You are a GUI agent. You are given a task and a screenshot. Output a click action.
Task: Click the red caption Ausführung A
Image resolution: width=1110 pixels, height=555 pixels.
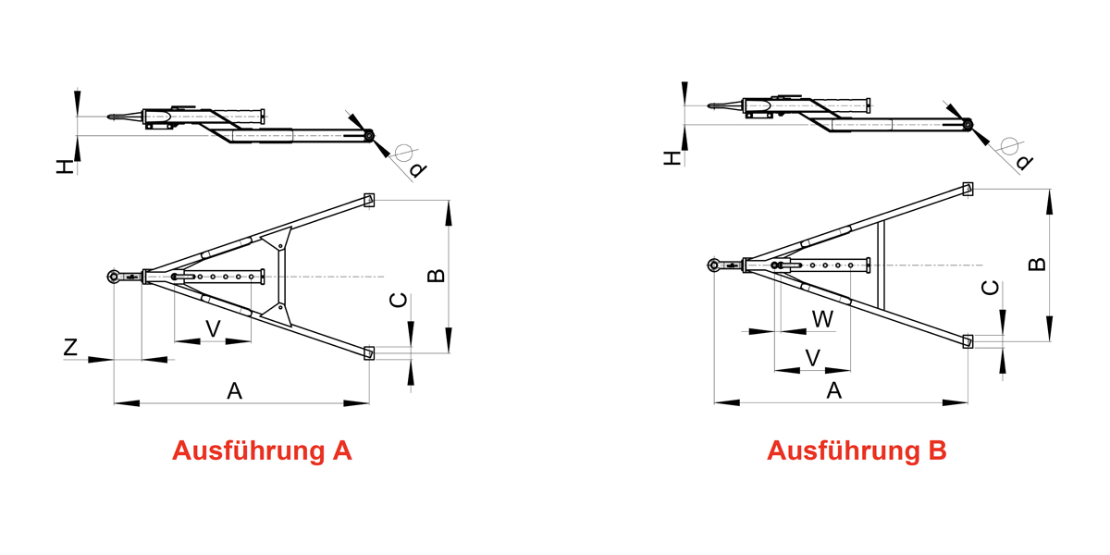pos(262,450)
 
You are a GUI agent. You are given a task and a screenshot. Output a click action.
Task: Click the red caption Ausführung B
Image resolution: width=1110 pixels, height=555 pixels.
pos(857,450)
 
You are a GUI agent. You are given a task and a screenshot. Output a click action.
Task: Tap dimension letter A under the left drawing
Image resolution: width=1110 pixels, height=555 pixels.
pos(235,391)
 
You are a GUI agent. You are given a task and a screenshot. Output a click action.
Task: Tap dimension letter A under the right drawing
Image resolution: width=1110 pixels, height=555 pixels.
pos(833,390)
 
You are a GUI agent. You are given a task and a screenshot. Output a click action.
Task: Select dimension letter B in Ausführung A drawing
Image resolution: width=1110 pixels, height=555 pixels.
pos(435,276)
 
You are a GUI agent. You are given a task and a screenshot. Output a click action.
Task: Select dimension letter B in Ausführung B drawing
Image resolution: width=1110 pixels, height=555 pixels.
pos(1038,263)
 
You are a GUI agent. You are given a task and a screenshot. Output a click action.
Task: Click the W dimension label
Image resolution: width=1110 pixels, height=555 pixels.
pos(822,319)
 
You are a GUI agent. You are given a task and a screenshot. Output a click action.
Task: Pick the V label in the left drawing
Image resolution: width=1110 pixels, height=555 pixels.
pos(213,328)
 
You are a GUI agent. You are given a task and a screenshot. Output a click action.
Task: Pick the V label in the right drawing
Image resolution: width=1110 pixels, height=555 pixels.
pos(813,357)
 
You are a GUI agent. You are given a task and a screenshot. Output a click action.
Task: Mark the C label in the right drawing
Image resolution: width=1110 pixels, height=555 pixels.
pos(990,289)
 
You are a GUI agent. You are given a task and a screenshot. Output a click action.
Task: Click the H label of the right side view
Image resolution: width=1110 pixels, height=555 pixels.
pos(672,159)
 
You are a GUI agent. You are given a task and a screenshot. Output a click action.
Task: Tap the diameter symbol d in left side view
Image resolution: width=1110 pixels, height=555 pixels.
pos(417,169)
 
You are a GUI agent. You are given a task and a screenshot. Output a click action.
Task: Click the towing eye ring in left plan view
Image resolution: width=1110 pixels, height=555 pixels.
pos(114,277)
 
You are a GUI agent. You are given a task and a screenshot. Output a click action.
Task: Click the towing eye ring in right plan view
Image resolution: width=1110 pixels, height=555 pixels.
pos(714,265)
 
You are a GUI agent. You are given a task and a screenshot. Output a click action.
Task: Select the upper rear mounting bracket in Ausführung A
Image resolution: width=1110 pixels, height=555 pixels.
pos(369,199)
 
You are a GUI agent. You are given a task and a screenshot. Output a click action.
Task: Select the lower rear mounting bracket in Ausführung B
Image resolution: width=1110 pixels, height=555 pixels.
pos(968,340)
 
